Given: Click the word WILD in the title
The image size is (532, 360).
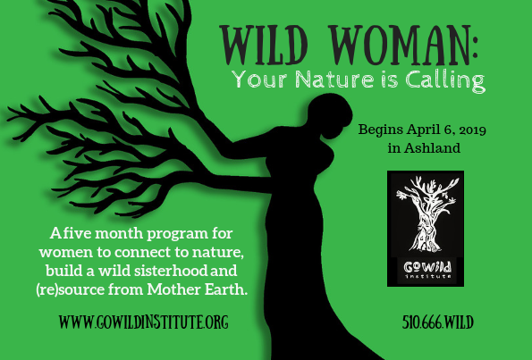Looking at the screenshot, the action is click(x=264, y=45).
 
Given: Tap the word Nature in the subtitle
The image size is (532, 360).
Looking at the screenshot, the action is click(x=335, y=80).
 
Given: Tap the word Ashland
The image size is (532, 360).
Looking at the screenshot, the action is click(x=432, y=148).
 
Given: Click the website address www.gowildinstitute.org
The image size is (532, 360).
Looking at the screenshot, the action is click(x=144, y=322).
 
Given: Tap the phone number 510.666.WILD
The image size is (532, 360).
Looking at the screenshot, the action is click(x=438, y=322).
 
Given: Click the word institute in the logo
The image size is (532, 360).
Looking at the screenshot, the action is click(x=428, y=276).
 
